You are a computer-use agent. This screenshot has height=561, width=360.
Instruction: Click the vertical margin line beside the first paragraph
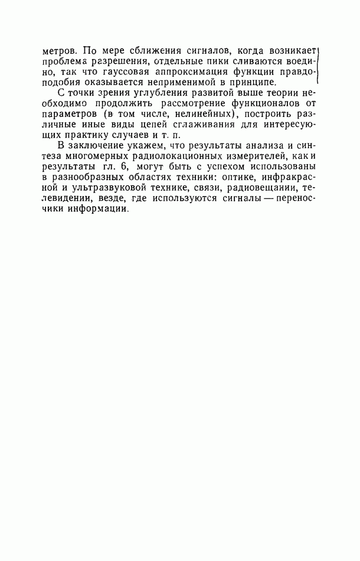pyautogui.click(x=319, y=65)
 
